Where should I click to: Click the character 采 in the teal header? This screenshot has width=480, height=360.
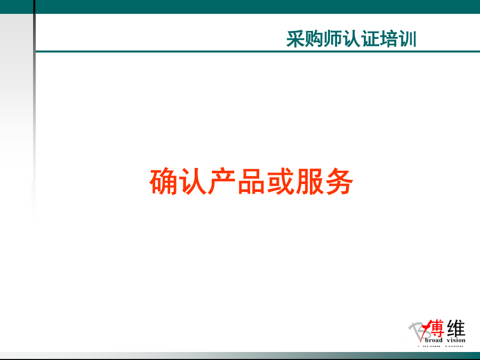(x=295, y=39)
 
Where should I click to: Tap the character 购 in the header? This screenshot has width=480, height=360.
(x=314, y=39)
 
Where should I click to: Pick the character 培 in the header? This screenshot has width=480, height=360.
(x=389, y=39)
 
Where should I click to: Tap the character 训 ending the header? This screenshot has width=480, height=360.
(x=407, y=39)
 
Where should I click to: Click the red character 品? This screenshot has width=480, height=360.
(x=251, y=181)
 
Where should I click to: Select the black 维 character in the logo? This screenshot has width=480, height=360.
(x=456, y=328)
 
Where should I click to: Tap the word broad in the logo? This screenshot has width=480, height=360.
(x=434, y=340)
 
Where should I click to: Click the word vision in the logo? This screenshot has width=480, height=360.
(x=456, y=340)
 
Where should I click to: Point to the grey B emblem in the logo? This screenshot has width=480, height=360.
(x=417, y=331)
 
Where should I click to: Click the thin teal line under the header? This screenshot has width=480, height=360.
(x=258, y=51)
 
